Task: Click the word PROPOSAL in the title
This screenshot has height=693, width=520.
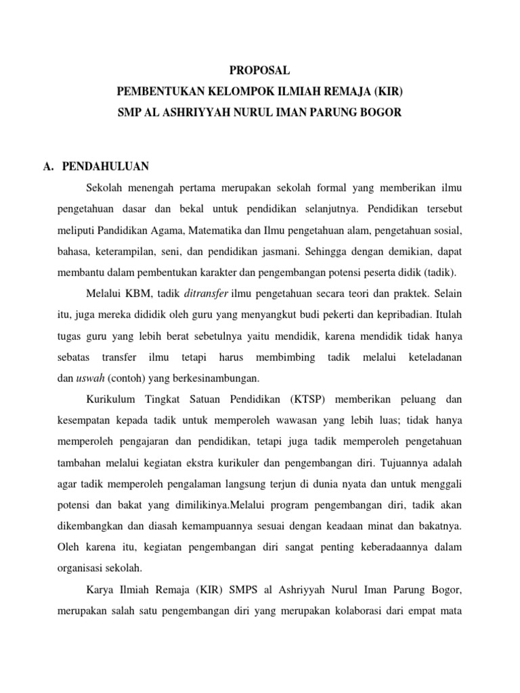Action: click(x=261, y=70)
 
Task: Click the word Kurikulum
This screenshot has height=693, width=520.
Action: click(x=110, y=400)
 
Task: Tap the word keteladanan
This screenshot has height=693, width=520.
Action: click(x=435, y=357)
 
